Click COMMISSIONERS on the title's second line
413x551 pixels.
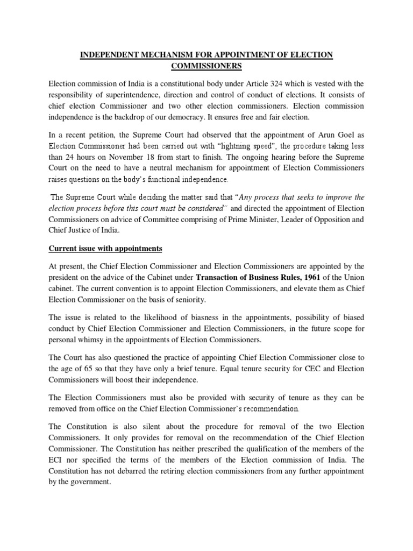206,66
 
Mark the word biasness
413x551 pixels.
190,318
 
